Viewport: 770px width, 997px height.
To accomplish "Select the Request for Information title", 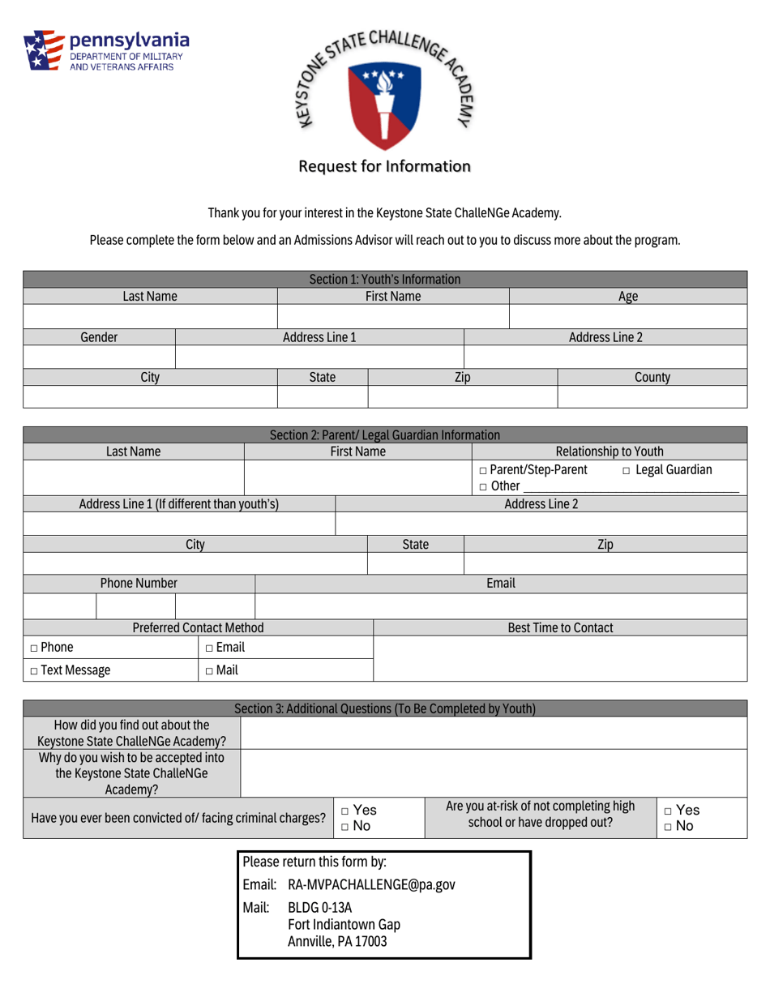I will click(384, 167).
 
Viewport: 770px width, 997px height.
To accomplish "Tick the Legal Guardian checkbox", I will click(627, 470).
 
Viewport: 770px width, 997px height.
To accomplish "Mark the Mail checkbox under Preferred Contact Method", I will click(209, 671).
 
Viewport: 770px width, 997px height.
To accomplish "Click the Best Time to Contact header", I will click(559, 627).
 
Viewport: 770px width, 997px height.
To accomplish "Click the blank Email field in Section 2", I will click(500, 605).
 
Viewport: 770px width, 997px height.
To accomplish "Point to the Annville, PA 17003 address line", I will click(336, 942).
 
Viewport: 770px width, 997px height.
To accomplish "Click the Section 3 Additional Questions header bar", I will click(384, 708).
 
